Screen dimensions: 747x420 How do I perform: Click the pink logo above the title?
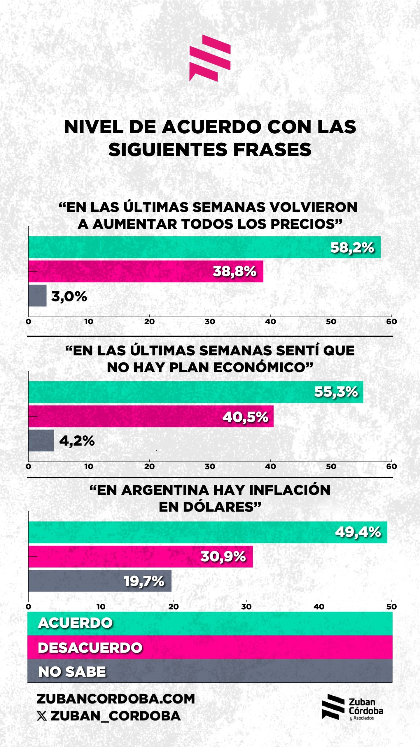click(210, 58)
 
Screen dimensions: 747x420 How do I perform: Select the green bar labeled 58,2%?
click(204, 247)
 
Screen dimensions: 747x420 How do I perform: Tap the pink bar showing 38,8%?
click(146, 271)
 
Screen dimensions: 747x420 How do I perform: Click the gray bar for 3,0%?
click(37, 296)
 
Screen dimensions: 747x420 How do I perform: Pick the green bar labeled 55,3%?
click(195, 392)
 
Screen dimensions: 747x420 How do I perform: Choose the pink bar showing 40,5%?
click(151, 416)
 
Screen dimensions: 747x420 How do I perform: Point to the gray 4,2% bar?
click(41, 440)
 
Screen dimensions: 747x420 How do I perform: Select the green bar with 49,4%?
click(208, 532)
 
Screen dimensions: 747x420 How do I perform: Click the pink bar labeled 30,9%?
click(140, 556)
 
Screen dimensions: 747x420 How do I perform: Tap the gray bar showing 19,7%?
click(100, 581)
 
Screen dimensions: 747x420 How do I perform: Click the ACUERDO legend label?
click(75, 623)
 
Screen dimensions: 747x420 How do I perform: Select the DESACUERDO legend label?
click(90, 647)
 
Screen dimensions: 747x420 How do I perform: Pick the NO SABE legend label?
click(72, 671)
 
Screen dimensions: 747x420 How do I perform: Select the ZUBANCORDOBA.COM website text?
click(116, 699)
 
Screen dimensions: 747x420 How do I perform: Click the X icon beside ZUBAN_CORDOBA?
click(42, 716)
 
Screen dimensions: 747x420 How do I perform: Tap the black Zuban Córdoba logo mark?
click(333, 707)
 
